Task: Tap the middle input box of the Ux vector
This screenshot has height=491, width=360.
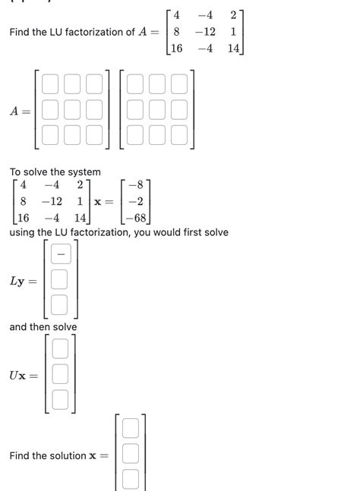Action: tap(61, 374)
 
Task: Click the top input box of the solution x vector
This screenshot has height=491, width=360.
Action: tap(131, 429)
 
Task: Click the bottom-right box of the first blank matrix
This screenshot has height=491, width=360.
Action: tap(94, 135)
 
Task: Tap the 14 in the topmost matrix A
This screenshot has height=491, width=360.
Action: tap(233, 49)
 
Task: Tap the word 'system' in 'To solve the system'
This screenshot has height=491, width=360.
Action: tap(83, 172)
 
